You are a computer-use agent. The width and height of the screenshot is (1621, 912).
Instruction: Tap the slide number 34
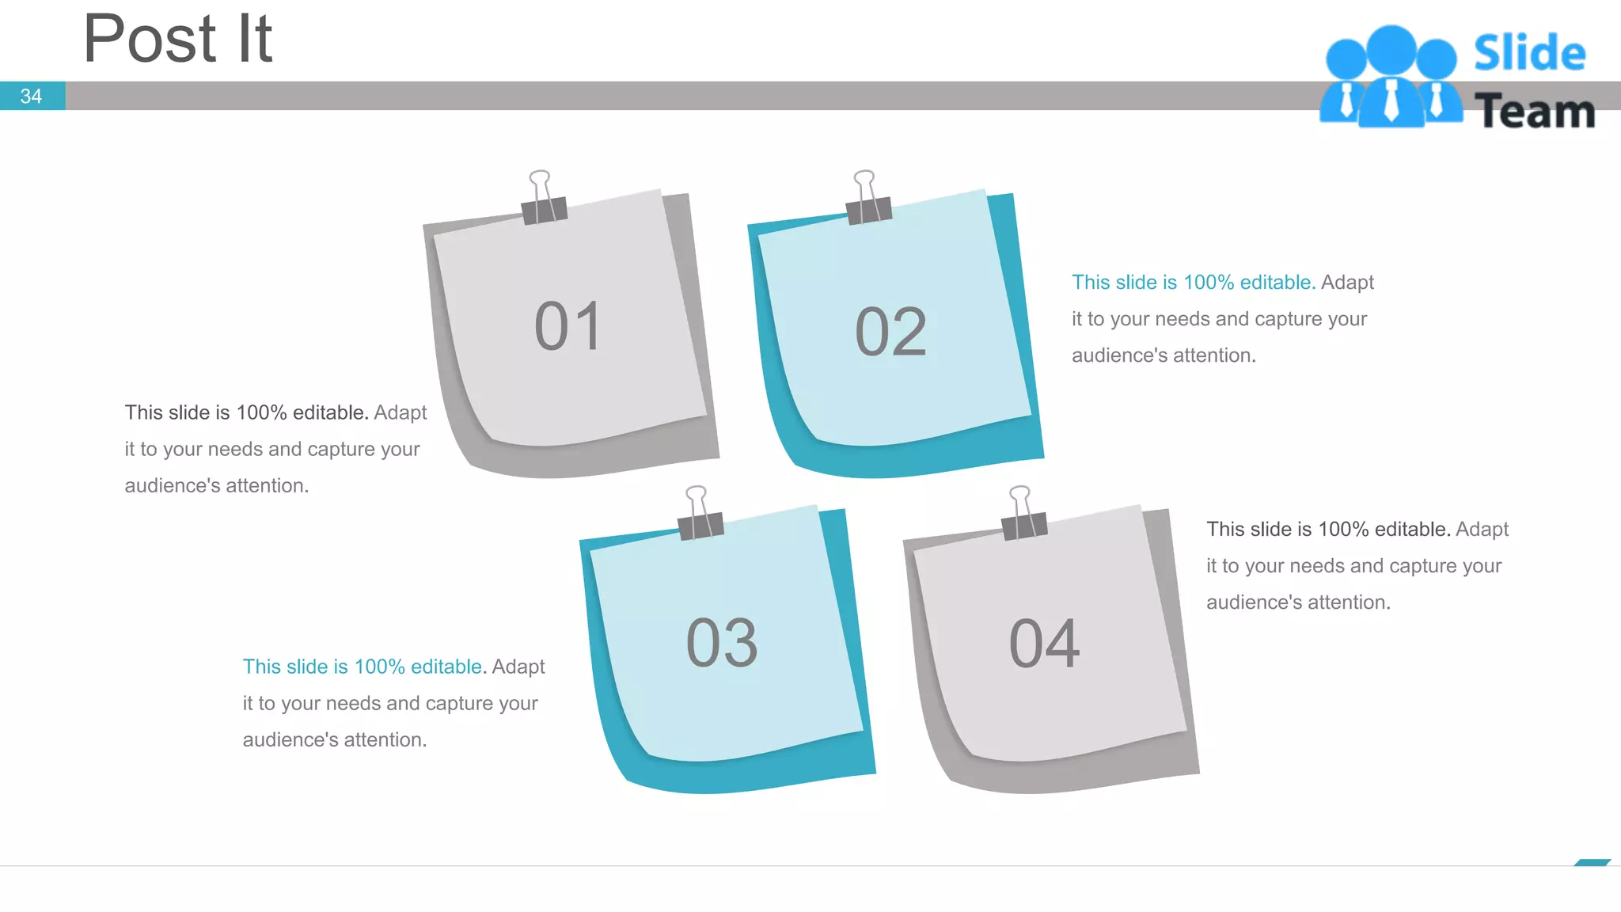tap(31, 96)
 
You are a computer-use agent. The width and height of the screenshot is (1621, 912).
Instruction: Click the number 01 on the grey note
tap(568, 326)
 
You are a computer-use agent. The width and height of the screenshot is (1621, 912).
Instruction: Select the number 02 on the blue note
tap(890, 332)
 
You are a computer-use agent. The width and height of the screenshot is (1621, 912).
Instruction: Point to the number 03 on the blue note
tap(722, 643)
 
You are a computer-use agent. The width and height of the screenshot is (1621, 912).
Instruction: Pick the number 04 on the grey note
tap(1044, 644)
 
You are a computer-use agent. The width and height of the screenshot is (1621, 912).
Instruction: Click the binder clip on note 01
tap(543, 198)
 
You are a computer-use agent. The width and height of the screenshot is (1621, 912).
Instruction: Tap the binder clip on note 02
tap(867, 198)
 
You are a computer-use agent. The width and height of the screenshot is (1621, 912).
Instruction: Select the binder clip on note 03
tap(700, 514)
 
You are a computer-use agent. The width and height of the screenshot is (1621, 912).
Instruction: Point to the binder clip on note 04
tap(1023, 514)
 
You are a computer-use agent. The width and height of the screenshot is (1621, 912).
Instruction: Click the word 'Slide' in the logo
tap(1529, 53)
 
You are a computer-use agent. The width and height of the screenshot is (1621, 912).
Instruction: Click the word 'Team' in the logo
tap(1535, 111)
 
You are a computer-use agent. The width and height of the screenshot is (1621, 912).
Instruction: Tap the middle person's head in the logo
tap(1391, 51)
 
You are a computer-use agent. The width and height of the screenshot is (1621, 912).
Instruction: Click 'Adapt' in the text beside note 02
tap(1347, 283)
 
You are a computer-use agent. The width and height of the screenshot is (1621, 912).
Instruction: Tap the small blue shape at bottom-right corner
tap(1593, 862)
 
